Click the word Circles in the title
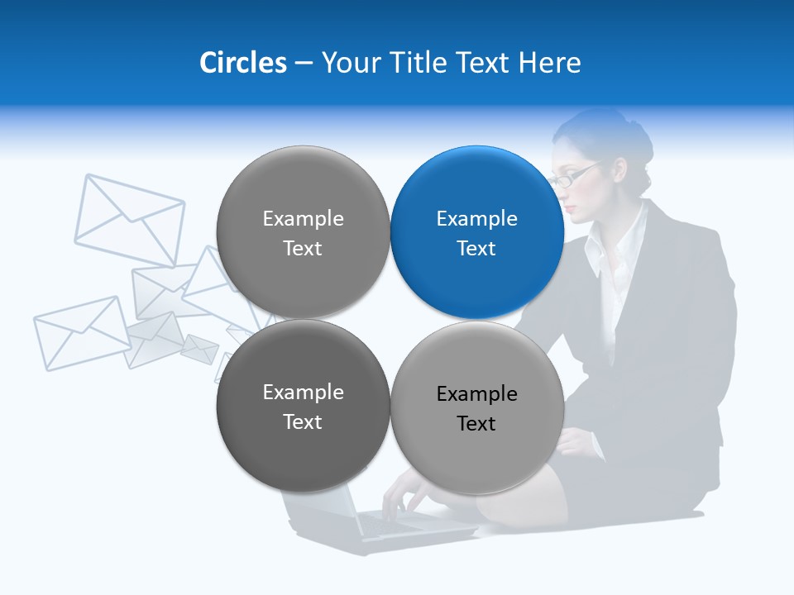tap(243, 63)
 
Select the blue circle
tap(477, 233)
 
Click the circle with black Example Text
tap(477, 408)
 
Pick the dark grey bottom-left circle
tap(303, 407)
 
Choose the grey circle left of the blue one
tap(303, 233)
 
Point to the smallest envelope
tap(199, 349)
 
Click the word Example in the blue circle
tap(477, 219)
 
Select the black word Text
tap(476, 424)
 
